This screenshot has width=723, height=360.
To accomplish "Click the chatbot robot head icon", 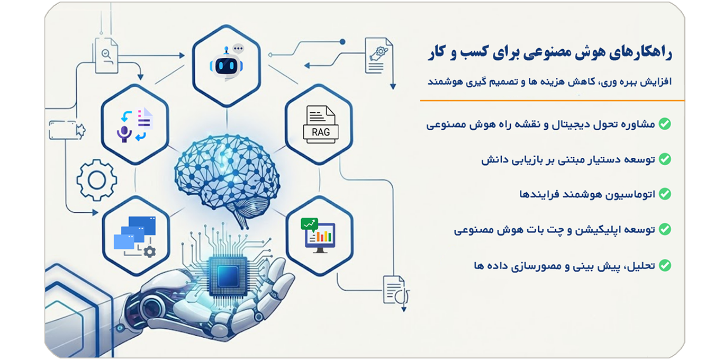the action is [x=226, y=65].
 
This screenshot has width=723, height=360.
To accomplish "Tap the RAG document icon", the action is [x=321, y=124].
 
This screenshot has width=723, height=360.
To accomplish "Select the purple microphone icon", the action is [x=124, y=134].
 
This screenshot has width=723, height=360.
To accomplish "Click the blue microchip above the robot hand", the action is [x=228, y=276].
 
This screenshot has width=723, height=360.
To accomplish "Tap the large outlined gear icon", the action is [x=96, y=180].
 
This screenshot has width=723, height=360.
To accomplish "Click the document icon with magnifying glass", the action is [x=106, y=56].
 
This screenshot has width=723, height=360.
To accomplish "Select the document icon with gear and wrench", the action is [x=378, y=56].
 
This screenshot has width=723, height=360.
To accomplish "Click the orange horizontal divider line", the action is [x=552, y=101].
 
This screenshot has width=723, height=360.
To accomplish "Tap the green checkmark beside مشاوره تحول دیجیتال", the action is [x=665, y=124].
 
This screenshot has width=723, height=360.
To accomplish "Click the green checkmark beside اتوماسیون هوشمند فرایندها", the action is [x=665, y=194].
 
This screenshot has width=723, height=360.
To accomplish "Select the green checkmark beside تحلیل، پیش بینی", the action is [x=665, y=265].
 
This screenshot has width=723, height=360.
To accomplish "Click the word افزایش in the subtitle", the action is [x=656, y=82].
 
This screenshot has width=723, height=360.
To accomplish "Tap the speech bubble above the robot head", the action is [x=238, y=49].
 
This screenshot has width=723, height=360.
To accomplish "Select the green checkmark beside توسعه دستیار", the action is [x=665, y=159].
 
